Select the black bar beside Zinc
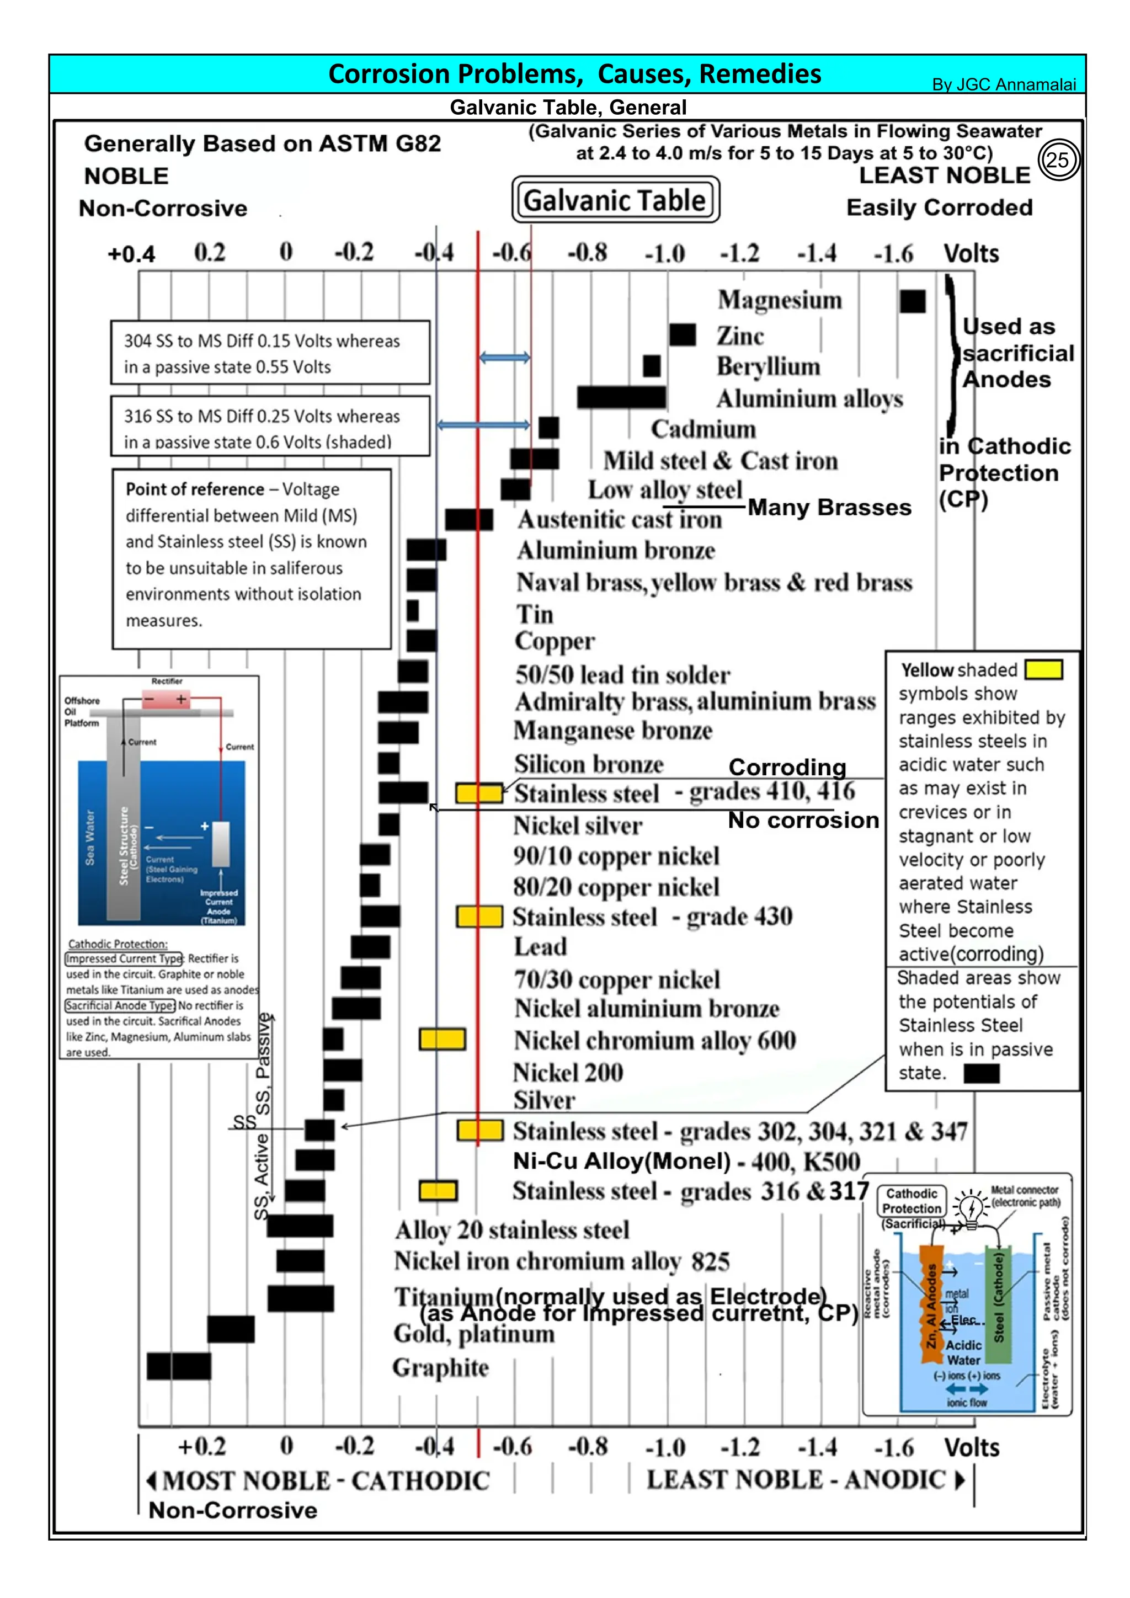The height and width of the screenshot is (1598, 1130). pos(682,335)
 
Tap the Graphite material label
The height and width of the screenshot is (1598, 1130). pos(440,1368)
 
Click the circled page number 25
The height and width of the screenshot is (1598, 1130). pos(1058,160)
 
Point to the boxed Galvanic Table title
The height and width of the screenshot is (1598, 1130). pos(615,200)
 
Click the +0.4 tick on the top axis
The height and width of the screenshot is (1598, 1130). pos(131,254)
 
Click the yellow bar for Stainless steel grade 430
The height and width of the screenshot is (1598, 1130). pos(479,917)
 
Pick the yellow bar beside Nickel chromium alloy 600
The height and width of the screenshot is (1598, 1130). pos(442,1039)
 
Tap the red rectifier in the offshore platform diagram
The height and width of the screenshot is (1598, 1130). pos(165,700)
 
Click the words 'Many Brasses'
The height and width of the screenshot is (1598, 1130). pos(829,508)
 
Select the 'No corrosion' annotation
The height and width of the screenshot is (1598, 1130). pos(803,821)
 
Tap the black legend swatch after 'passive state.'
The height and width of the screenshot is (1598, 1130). pos(981,1073)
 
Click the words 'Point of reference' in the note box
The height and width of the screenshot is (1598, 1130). pos(194,489)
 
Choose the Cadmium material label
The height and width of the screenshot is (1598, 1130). pos(703,429)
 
